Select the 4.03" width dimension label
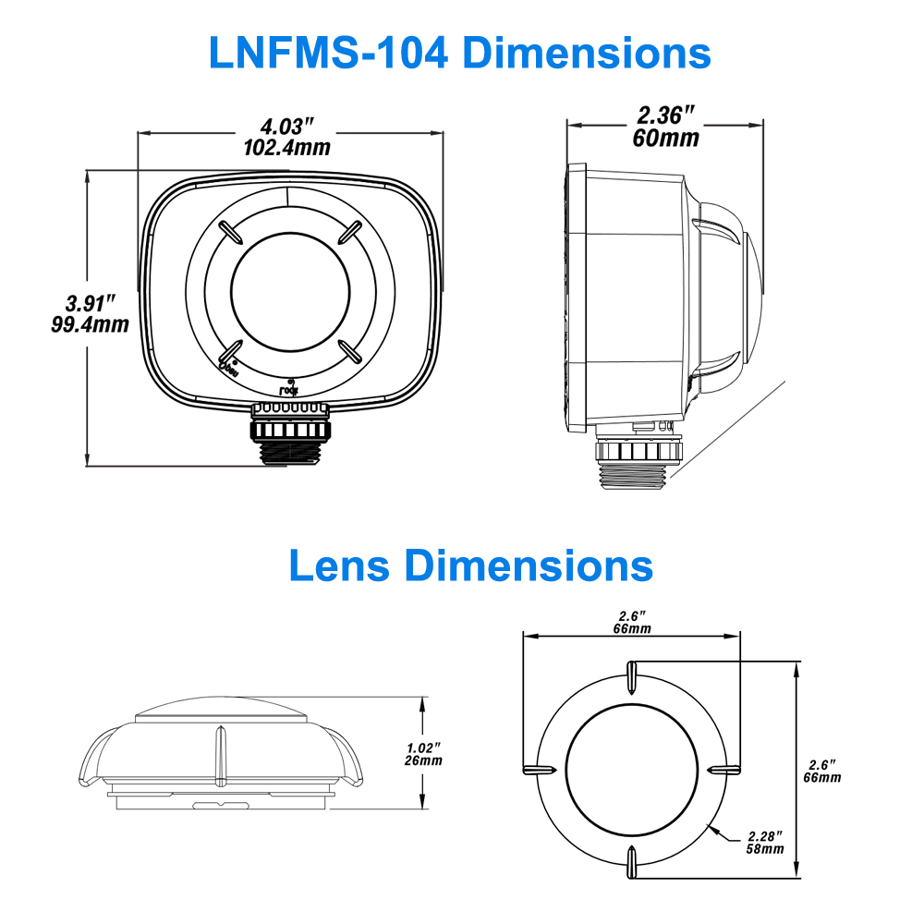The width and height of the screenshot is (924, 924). tap(286, 127)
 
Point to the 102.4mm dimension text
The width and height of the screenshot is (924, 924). tap(286, 147)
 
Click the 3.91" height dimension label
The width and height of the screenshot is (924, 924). tap(91, 303)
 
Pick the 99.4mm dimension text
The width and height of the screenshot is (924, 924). tap(91, 324)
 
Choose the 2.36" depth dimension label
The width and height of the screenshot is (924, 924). tap(665, 116)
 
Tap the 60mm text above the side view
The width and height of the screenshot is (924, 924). tap(665, 139)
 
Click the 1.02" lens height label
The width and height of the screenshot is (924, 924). tap(424, 748)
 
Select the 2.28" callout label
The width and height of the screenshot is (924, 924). tap(765, 836)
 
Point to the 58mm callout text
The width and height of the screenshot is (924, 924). tap(765, 849)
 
